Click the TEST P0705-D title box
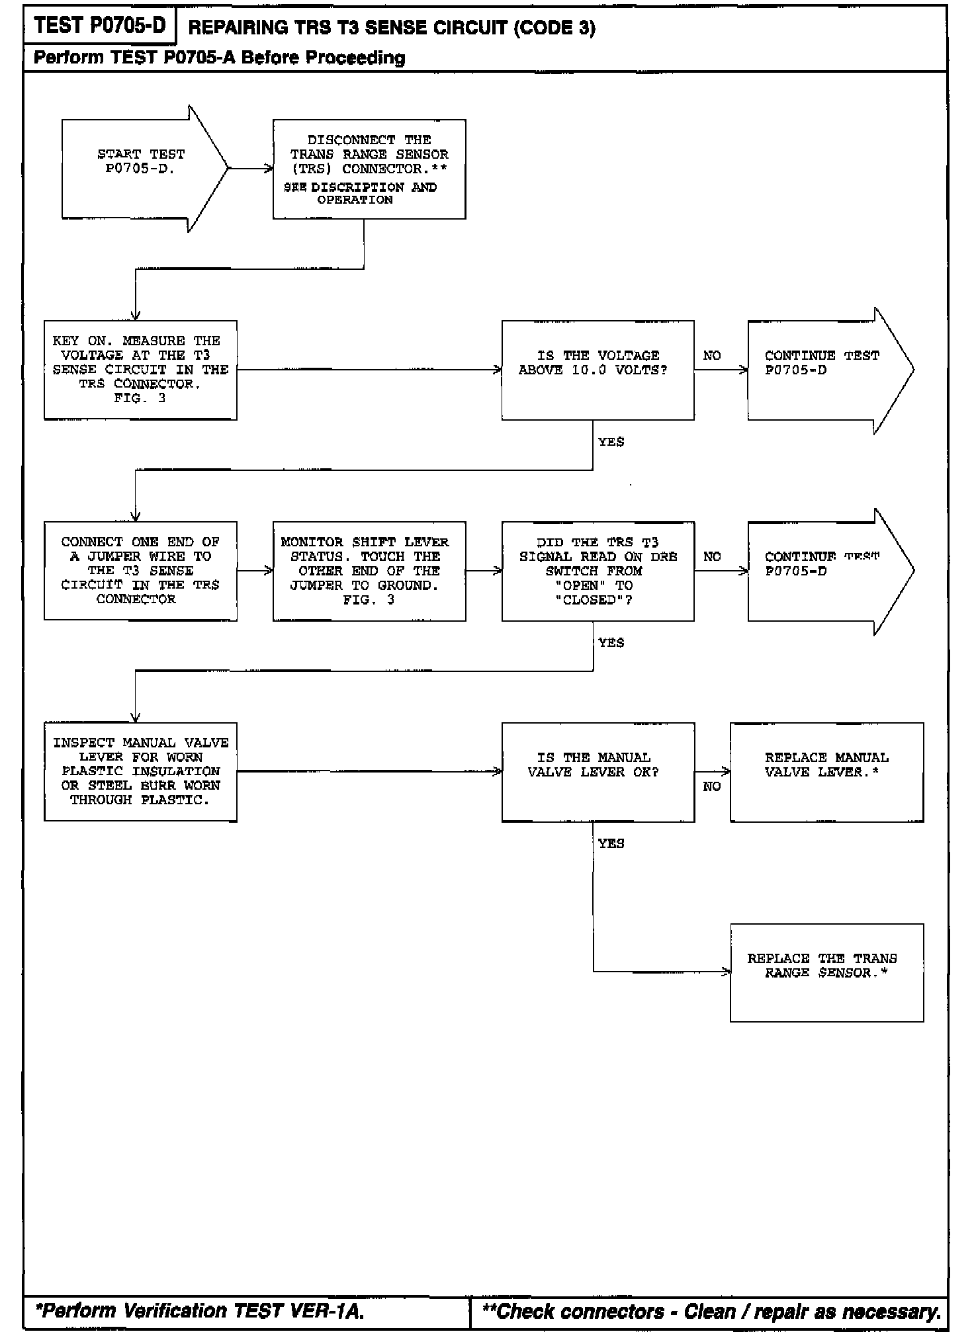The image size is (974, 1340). [x=100, y=26]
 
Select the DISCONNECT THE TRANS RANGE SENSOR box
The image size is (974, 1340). [x=369, y=169]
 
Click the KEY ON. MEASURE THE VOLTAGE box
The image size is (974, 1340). [x=140, y=370]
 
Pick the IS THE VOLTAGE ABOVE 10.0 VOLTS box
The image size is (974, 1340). [x=598, y=370]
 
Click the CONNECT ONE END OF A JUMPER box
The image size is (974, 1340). [x=140, y=571]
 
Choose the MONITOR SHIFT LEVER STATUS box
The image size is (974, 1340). [x=369, y=571]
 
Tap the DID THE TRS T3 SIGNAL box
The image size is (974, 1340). [x=598, y=571]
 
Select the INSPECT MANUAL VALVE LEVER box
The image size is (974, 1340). [x=140, y=772]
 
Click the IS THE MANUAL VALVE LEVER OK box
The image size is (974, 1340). [x=598, y=772]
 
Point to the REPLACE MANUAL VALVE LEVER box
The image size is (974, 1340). [x=826, y=772]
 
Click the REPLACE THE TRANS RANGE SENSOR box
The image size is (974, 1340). [x=826, y=972]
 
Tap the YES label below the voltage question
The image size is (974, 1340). [x=611, y=442]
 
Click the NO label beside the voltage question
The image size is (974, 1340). [x=712, y=356]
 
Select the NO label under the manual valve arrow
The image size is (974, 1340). [x=712, y=786]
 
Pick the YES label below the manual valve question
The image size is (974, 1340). [x=611, y=844]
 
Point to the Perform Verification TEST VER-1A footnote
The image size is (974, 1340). [x=199, y=1311]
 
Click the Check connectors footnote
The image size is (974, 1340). [x=711, y=1311]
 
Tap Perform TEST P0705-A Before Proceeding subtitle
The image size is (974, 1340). [x=219, y=58]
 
